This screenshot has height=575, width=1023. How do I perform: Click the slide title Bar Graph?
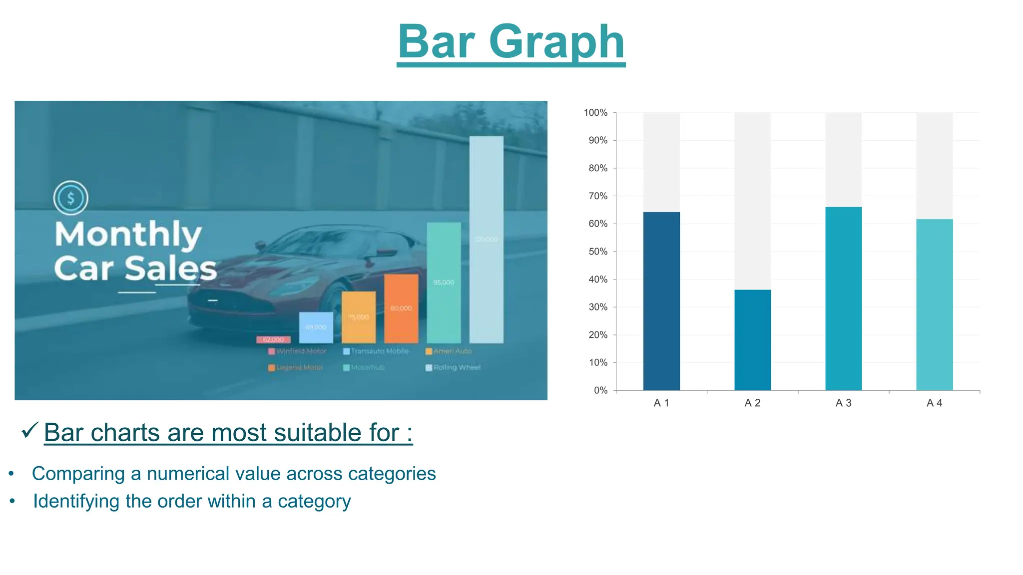511,42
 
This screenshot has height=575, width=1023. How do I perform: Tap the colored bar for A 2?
752,340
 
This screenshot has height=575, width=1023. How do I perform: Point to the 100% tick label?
595,113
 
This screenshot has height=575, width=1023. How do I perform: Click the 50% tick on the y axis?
597,252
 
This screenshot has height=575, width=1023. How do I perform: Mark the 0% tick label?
600,390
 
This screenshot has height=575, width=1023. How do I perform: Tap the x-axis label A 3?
843,403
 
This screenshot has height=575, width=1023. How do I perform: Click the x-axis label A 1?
661,403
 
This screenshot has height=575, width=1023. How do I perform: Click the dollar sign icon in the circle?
71,198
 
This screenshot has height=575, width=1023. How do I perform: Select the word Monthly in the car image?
128,234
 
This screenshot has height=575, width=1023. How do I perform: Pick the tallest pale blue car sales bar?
486,240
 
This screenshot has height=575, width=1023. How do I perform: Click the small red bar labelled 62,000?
273,339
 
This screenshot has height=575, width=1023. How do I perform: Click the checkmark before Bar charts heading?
30,430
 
